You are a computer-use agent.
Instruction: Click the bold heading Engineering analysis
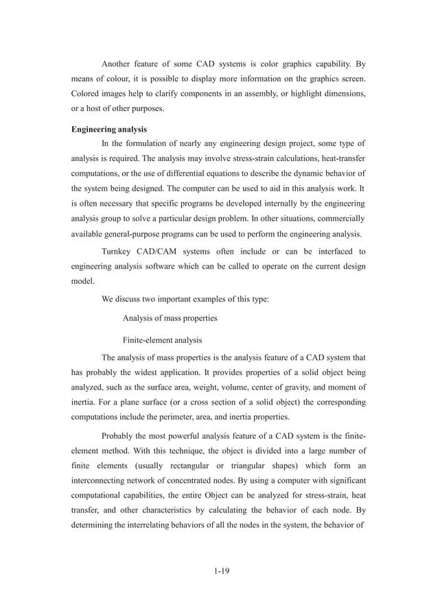109,129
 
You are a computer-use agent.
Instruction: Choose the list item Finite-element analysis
162,339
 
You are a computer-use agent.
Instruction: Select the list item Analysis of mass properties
170,318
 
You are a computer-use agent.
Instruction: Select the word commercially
339,219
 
